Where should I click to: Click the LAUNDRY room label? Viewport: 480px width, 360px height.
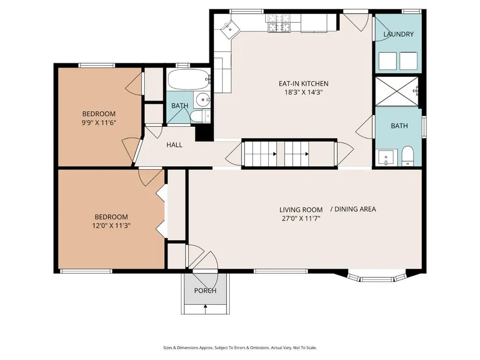pos(399,34)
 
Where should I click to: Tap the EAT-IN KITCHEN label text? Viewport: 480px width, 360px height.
pos(303,84)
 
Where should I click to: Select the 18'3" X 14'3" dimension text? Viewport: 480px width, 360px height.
pos(303,92)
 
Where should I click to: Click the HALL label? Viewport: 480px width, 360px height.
pos(174,145)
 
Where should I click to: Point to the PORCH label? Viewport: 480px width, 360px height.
pos(205,291)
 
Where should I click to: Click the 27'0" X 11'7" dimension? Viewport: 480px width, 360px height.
pos(301,219)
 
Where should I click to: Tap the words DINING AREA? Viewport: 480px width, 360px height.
pos(355,209)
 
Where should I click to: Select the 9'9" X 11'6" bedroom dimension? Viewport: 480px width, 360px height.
pos(99,123)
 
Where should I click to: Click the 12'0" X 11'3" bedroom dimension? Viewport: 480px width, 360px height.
pos(111,226)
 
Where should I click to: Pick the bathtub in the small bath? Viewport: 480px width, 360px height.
pos(189,79)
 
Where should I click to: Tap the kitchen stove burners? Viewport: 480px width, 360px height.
pos(279,23)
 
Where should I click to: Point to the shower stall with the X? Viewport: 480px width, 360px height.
pos(396,91)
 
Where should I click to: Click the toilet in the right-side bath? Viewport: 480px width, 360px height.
pos(407,155)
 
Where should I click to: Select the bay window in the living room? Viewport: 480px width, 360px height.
pos(376,276)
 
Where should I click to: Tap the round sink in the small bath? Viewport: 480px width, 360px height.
pos(202,99)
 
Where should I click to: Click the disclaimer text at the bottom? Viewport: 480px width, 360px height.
pos(240,348)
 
